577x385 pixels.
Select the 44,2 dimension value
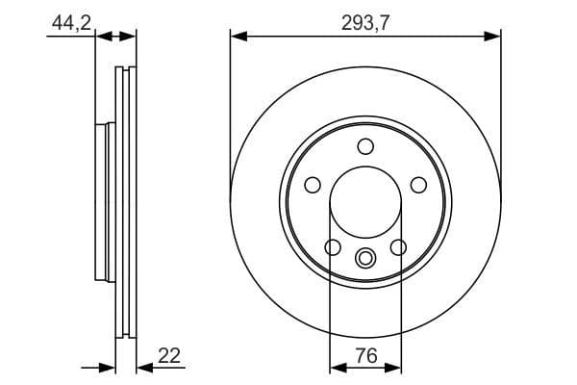(x=70, y=21)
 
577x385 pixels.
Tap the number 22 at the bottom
(x=168, y=355)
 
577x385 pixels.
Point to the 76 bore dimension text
(x=365, y=354)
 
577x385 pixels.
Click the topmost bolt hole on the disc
(x=365, y=146)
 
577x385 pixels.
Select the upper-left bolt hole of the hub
(x=312, y=185)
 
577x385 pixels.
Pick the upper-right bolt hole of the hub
(x=418, y=185)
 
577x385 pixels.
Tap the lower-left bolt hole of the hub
(x=333, y=247)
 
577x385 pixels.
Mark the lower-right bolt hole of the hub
(x=397, y=247)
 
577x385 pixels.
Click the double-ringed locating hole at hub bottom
(x=365, y=258)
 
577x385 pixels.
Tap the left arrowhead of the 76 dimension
(x=338, y=367)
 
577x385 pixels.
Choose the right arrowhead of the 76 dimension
(x=392, y=367)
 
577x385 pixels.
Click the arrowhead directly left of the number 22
(x=144, y=367)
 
